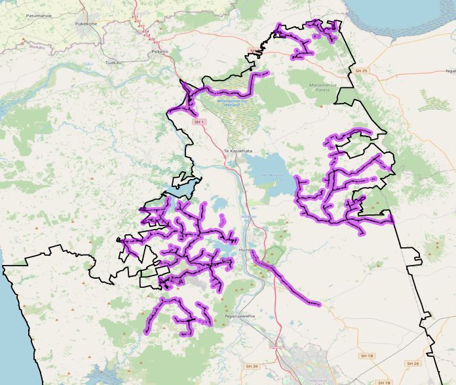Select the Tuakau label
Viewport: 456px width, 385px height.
tap(114, 62)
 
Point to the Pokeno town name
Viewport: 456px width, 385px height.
tap(160, 51)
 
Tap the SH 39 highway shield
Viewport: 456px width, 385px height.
tap(252, 365)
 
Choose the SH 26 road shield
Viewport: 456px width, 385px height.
tap(412, 363)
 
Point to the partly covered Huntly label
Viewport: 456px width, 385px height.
tap(246, 250)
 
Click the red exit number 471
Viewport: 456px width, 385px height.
tap(135, 16)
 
